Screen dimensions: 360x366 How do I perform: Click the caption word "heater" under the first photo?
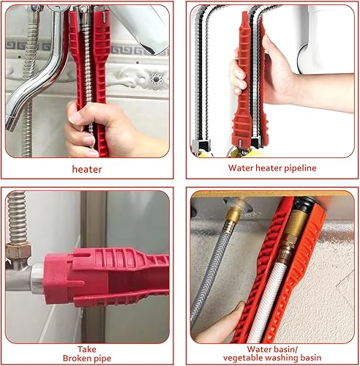(87, 169)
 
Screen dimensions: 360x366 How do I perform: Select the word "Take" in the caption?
(87, 349)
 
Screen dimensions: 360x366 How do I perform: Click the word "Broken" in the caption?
(75, 358)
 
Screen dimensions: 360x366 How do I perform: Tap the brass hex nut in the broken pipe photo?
(18, 252)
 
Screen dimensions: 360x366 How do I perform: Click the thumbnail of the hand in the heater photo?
(75, 118)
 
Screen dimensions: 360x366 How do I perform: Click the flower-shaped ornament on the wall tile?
(155, 78)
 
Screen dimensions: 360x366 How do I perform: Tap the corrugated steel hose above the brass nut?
(17, 217)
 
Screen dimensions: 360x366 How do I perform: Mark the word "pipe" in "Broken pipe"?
(101, 359)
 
